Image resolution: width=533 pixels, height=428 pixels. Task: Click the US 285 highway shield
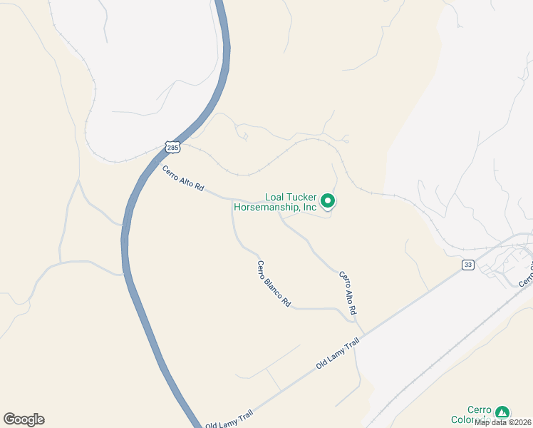(172, 147)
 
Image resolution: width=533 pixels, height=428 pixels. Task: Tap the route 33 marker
(467, 265)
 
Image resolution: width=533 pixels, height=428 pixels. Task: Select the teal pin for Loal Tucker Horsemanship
(328, 201)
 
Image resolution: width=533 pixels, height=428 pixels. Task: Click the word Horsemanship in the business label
(267, 208)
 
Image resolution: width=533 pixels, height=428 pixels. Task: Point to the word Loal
(275, 198)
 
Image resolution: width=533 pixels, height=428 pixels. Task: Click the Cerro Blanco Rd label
(274, 284)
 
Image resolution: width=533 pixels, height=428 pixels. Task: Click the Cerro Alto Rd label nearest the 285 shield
(183, 178)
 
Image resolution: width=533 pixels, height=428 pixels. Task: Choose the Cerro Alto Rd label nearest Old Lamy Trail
(347, 293)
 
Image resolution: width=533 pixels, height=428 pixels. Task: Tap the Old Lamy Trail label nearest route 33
(335, 355)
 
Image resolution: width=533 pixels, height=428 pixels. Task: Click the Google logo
(24, 419)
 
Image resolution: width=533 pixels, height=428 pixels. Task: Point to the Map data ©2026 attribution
(502, 422)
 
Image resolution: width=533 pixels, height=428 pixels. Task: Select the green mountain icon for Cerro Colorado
(503, 412)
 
